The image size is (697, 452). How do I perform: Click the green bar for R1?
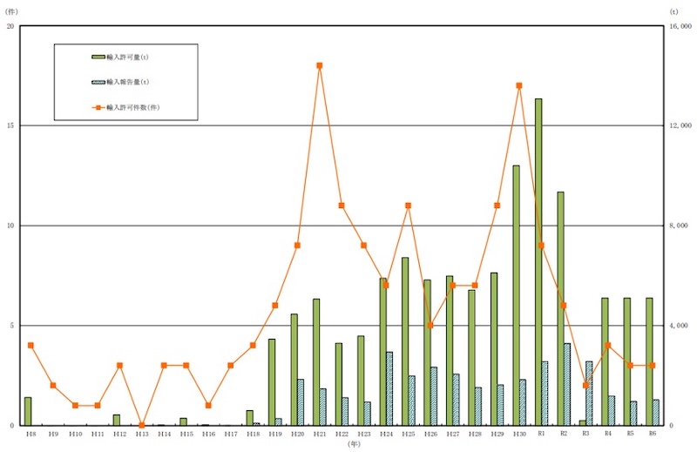click(538, 261)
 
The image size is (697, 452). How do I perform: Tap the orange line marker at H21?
click(320, 65)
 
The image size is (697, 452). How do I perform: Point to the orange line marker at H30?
click(519, 85)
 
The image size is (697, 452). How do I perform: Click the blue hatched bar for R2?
click(567, 384)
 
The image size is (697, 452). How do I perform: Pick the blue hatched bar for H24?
click(389, 388)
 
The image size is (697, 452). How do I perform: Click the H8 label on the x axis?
click(30, 433)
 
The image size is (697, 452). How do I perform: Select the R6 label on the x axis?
click(652, 433)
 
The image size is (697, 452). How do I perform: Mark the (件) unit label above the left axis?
click(11, 11)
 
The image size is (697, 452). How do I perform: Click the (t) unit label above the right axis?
click(673, 11)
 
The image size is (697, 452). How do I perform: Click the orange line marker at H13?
click(142, 425)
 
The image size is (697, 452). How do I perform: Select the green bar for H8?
click(28, 411)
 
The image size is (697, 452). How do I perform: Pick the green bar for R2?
click(560, 308)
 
